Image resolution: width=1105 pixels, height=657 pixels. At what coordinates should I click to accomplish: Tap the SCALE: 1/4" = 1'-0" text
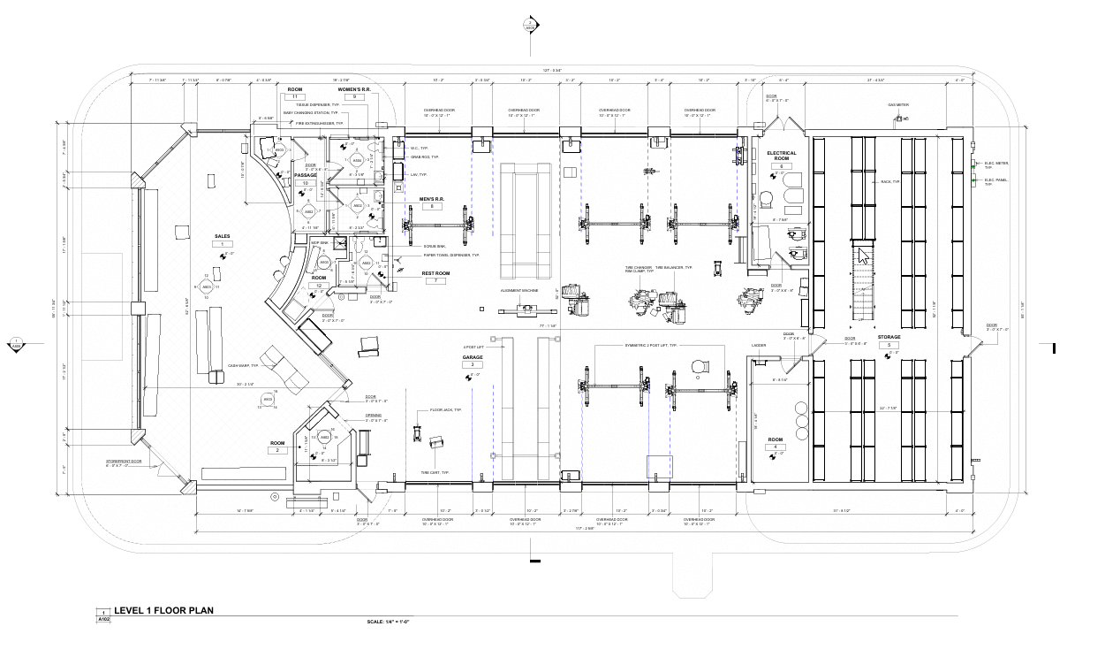pyautogui.click(x=388, y=622)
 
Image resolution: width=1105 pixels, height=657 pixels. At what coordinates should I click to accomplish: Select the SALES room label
pyautogui.click(x=223, y=236)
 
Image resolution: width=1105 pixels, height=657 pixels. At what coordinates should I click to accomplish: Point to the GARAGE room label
pyautogui.click(x=473, y=358)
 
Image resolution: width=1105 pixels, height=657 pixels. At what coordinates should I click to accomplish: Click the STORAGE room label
pyautogui.click(x=889, y=336)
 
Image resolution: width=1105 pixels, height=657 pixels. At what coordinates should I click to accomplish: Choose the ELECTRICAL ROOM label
pyautogui.click(x=781, y=156)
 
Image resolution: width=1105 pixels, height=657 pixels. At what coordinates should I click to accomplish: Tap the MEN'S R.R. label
pyautogui.click(x=431, y=199)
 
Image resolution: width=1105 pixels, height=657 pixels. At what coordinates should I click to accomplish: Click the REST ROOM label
pyautogui.click(x=435, y=273)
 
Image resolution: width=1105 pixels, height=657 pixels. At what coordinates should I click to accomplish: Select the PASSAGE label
pyautogui.click(x=306, y=175)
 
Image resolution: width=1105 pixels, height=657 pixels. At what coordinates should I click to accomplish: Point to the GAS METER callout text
pyautogui.click(x=898, y=105)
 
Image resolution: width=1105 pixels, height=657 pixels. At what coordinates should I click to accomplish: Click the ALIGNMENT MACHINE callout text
pyautogui.click(x=518, y=290)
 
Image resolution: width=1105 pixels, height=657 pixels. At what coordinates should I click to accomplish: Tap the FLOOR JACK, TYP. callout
pyautogui.click(x=446, y=410)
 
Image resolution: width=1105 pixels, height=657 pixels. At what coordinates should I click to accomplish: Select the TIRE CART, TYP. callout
pyautogui.click(x=435, y=472)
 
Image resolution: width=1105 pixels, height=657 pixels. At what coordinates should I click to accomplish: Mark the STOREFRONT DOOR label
pyautogui.click(x=124, y=461)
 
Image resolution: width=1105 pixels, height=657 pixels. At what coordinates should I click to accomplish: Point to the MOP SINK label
pyautogui.click(x=319, y=242)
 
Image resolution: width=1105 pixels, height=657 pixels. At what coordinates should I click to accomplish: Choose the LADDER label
pyautogui.click(x=758, y=346)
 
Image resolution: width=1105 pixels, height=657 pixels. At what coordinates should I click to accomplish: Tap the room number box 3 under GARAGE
pyautogui.click(x=473, y=364)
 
